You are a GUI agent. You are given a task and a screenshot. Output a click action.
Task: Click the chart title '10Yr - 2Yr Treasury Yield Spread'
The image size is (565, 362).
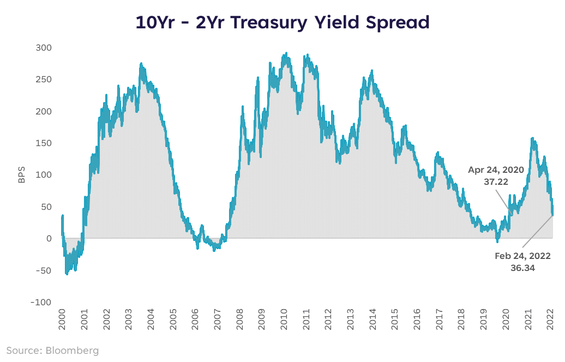click(x=282, y=22)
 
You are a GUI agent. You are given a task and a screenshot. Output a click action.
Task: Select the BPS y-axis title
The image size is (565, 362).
click(x=22, y=174)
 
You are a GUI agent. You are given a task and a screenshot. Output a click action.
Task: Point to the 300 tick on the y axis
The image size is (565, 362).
click(x=44, y=48)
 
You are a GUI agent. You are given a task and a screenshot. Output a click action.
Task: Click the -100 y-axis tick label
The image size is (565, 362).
click(x=41, y=302)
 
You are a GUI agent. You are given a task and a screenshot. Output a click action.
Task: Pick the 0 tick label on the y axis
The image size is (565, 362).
click(x=49, y=238)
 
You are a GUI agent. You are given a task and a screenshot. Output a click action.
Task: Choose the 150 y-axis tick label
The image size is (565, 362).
click(x=44, y=143)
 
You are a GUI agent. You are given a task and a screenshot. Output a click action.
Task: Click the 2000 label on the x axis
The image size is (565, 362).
click(x=62, y=319)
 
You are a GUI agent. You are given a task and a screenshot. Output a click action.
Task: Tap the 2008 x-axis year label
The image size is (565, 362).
click(x=239, y=319)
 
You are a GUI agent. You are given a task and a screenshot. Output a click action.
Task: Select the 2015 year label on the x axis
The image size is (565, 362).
click(x=395, y=319)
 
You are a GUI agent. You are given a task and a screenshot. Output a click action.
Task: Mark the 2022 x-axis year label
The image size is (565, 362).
click(x=550, y=319)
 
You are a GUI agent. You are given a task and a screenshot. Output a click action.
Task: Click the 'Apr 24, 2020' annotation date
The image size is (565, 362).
click(x=496, y=170)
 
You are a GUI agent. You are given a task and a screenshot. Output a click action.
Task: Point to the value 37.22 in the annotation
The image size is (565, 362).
click(x=496, y=182)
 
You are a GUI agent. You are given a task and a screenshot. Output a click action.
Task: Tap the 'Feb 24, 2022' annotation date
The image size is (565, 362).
click(x=522, y=256)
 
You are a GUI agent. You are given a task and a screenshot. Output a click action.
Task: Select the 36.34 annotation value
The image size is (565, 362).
click(x=522, y=268)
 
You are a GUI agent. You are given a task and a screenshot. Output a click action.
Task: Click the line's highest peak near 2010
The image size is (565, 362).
click(x=286, y=53)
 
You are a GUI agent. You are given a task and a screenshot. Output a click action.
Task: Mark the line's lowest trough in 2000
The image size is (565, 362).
click(x=67, y=274)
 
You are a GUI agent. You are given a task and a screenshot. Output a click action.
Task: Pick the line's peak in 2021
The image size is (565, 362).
click(x=533, y=138)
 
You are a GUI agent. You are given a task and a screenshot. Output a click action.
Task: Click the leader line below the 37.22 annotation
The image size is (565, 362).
click(x=503, y=202)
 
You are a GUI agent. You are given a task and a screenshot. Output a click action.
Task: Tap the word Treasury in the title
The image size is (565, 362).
click(x=269, y=22)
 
